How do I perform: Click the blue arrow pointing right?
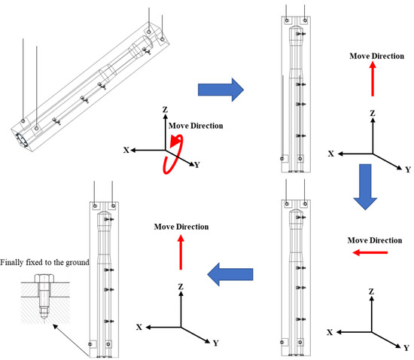[221, 90]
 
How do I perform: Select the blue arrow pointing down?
[365, 187]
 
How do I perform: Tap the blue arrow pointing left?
[230, 274]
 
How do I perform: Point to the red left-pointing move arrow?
[370, 253]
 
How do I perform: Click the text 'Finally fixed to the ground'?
[44, 262]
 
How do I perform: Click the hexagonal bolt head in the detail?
[44, 279]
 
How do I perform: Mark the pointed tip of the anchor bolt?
[44, 320]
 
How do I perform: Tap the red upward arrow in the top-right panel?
[373, 79]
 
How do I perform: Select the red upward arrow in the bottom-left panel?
[181, 252]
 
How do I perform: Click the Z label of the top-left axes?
[165, 109]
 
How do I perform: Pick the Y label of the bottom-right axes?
[406, 348]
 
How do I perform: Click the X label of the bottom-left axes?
[139, 328]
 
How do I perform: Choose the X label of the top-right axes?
[331, 154]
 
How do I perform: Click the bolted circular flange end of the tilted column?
[22, 140]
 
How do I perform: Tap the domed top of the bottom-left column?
[105, 213]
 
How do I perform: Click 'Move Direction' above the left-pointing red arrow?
[375, 240]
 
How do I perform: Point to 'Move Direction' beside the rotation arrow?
[196, 126]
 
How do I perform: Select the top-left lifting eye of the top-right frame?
[287, 20]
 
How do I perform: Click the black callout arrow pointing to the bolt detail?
[71, 340]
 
